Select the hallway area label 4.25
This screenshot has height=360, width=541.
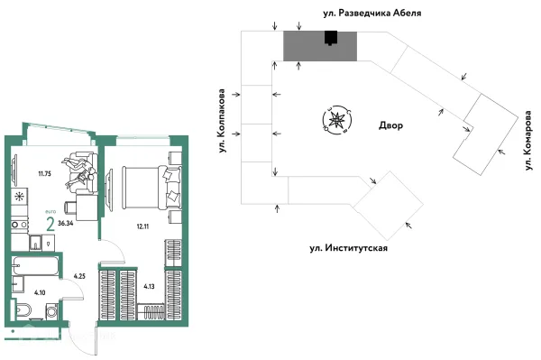tap(78, 276)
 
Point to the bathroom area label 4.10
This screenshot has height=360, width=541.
tap(40, 292)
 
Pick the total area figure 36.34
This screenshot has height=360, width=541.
tap(66, 222)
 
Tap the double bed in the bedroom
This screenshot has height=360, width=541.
tap(144, 187)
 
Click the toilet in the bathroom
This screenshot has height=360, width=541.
tap(26, 312)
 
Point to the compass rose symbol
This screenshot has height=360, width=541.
tap(336, 119)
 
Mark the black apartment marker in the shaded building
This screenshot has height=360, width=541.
tap(331, 38)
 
